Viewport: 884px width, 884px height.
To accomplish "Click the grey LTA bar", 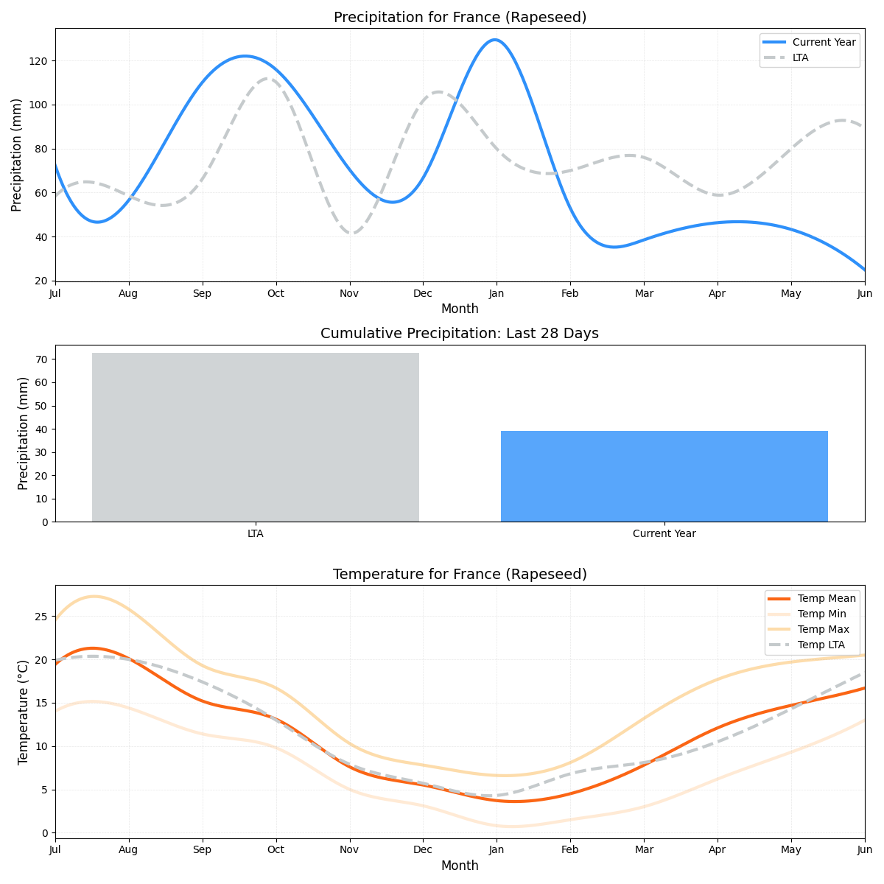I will pyautogui.click(x=255, y=437).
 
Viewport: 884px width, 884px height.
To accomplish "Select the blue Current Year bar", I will pyautogui.click(x=664, y=476).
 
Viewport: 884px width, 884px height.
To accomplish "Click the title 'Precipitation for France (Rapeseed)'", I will pyautogui.click(x=460, y=17).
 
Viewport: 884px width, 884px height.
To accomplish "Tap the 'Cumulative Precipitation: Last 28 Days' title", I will pyautogui.click(x=460, y=334).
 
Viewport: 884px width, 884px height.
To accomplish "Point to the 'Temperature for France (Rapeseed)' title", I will pyautogui.click(x=460, y=574).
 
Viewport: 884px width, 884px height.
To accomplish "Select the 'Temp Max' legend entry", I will pyautogui.click(x=823, y=629).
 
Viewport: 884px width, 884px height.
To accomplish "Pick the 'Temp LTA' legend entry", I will pyautogui.click(x=821, y=645).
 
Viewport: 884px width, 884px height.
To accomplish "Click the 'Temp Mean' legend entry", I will pyautogui.click(x=827, y=598).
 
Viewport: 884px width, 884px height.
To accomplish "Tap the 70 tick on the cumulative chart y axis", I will pyautogui.click(x=43, y=359).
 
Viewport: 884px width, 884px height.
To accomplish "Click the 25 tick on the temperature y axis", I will pyautogui.click(x=43, y=617).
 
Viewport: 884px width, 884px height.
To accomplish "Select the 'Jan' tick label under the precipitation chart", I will pyautogui.click(x=497, y=293).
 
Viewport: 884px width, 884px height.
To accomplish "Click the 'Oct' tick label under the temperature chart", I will pyautogui.click(x=276, y=850).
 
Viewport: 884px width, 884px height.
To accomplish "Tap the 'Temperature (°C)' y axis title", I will pyautogui.click(x=23, y=712).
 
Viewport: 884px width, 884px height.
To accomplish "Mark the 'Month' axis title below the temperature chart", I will pyautogui.click(x=460, y=866).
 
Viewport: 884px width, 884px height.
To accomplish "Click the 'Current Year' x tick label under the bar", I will pyautogui.click(x=664, y=533).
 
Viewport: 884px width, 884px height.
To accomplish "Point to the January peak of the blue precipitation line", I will pyautogui.click(x=494, y=40).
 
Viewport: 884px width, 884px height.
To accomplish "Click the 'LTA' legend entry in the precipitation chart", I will pyautogui.click(x=800, y=57).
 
